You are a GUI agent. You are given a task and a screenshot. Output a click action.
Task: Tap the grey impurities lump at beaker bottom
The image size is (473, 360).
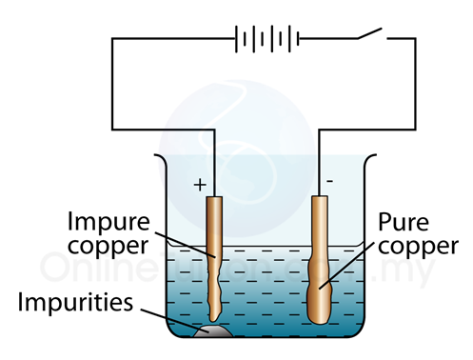point(210,331)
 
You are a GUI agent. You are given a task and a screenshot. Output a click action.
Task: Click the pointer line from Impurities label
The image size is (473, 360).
point(171,314)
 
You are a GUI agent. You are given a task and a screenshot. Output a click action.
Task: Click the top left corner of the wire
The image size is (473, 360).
point(112,40)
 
